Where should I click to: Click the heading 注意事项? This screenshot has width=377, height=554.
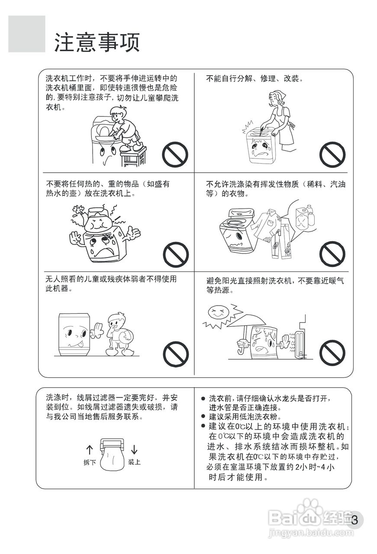tap(97, 42)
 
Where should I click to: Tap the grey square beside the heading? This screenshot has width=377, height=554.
tap(27, 34)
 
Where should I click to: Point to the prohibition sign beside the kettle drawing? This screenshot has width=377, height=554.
tap(176, 254)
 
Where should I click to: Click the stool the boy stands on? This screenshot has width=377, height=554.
tap(133, 157)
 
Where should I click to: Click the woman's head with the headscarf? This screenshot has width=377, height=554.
tap(275, 99)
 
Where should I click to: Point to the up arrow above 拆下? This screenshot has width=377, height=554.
tap(90, 450)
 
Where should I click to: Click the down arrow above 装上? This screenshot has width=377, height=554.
tap(134, 449)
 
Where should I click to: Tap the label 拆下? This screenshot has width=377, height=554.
tap(90, 462)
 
